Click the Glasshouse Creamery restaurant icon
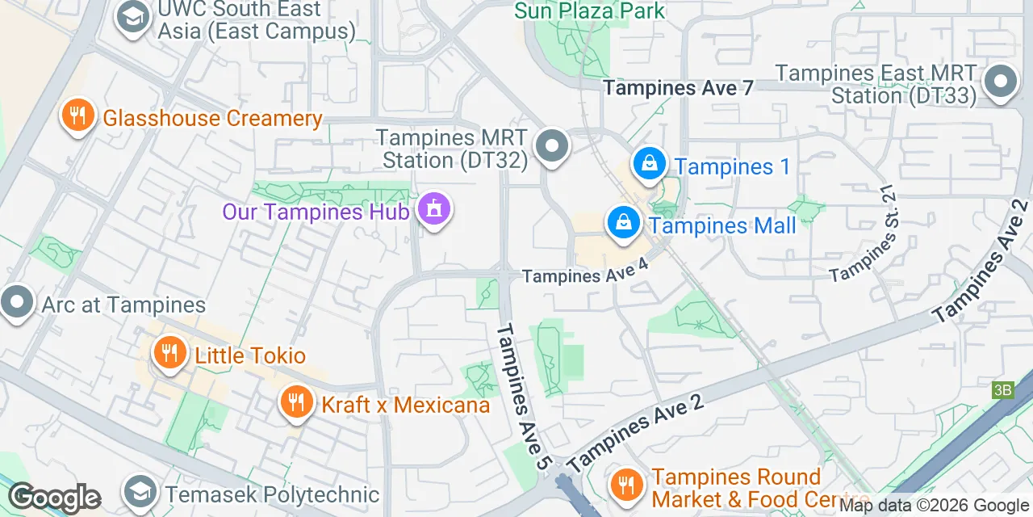77,116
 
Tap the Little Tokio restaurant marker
168,354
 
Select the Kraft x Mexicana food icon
296,402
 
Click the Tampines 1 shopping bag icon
648,164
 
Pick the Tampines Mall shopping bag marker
623,222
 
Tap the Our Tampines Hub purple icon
434,210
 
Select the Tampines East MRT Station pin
1000,82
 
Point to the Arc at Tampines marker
16,304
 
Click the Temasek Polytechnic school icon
140,492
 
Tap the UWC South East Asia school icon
132,17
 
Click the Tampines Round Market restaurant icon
625,485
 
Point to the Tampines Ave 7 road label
678,88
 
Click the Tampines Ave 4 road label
585,275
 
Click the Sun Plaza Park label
589,11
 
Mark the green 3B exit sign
1002,390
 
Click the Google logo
54,498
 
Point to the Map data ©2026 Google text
935,506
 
